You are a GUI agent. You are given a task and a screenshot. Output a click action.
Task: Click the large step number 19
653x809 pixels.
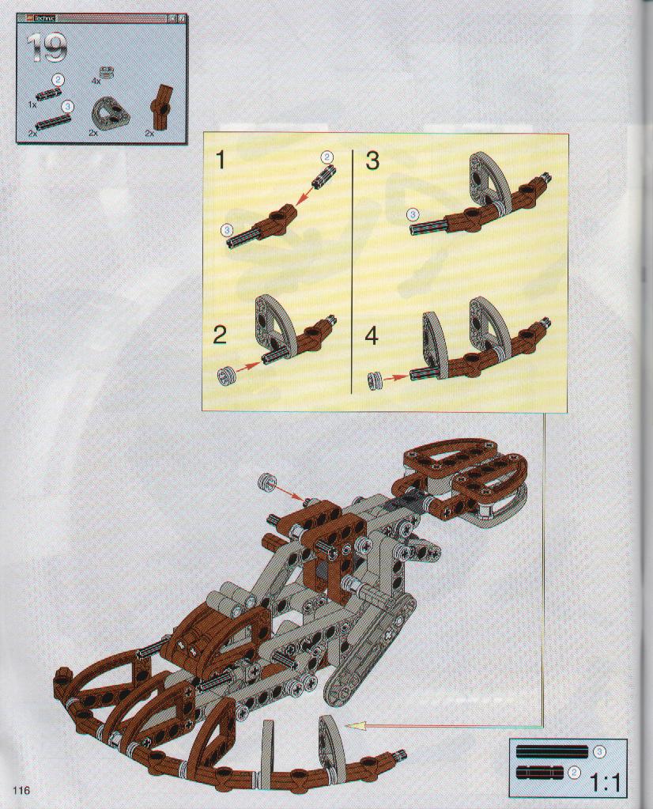pos(48,48)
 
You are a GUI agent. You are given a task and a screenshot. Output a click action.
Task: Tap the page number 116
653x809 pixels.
pos(22,791)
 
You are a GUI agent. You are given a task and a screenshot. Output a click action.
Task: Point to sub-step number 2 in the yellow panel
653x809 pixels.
pos(220,335)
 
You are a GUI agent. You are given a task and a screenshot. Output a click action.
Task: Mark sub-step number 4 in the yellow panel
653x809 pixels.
pos(372,336)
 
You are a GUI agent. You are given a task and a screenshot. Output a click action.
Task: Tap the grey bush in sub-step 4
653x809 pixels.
pos(374,380)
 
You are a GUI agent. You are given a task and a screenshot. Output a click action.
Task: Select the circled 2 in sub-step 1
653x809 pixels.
pos(326,157)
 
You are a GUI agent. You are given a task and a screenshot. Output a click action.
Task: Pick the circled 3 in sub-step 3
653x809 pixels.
pos(413,214)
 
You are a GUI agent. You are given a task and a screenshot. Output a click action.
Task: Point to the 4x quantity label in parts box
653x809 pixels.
pos(96,81)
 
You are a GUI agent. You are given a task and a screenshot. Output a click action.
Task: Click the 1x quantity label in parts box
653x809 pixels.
pos(32,104)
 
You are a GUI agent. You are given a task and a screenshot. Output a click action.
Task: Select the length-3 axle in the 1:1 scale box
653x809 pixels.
pos(552,751)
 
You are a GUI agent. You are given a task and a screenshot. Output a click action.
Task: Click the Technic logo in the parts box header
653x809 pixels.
pos(40,21)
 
